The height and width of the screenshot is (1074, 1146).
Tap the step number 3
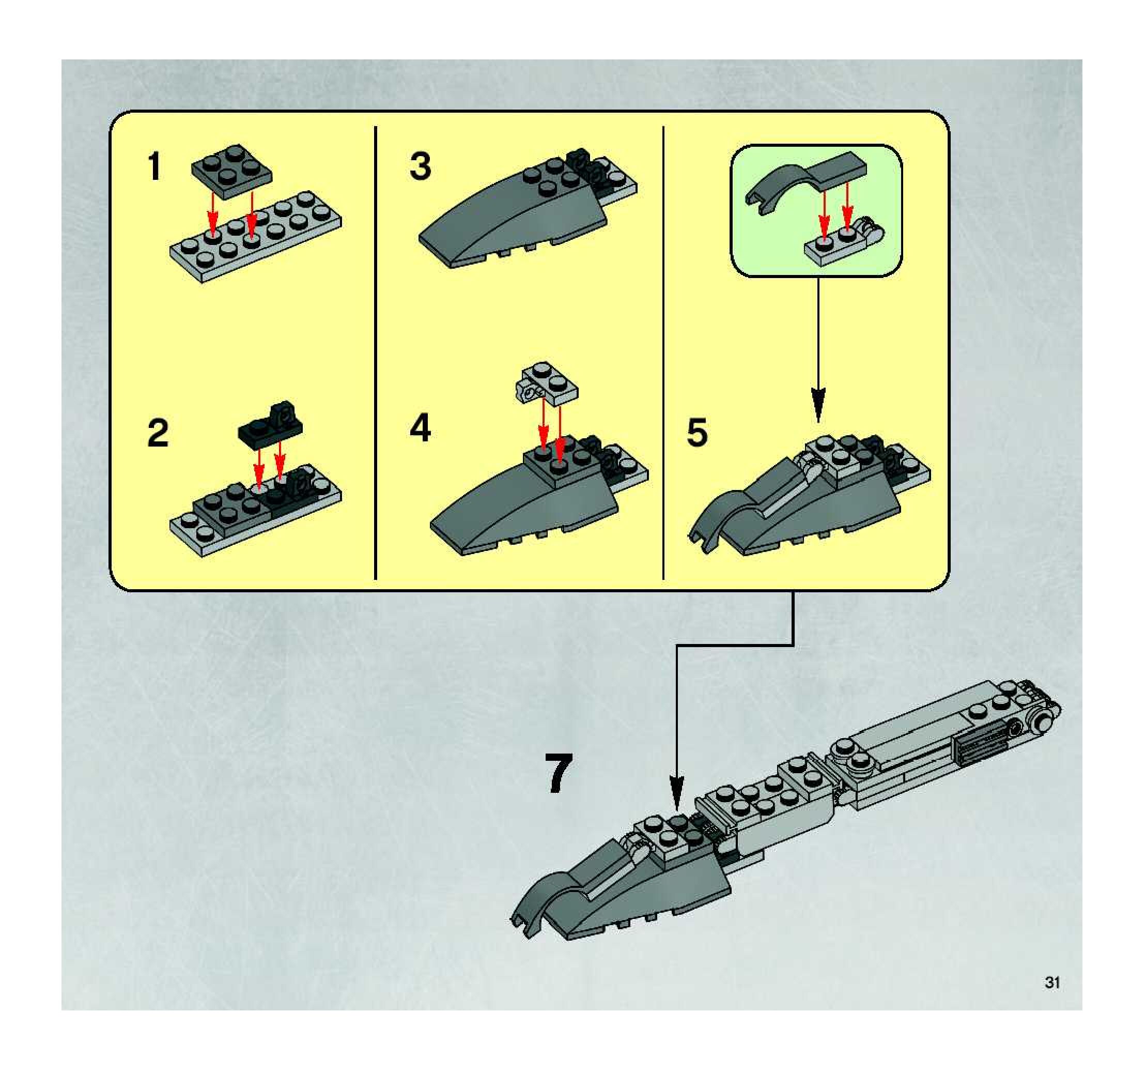[x=420, y=166]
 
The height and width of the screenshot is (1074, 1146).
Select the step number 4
[x=420, y=429]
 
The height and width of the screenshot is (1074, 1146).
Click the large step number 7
[x=559, y=774]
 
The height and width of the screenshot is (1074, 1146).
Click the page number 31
[x=1052, y=983]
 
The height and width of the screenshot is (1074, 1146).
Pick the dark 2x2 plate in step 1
[x=232, y=171]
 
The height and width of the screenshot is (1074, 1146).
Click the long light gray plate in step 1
[x=256, y=236]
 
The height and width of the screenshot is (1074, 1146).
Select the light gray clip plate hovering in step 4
[x=547, y=383]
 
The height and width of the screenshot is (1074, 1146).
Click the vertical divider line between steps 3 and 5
[x=663, y=353]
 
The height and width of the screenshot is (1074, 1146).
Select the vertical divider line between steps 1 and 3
[x=375, y=353]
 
